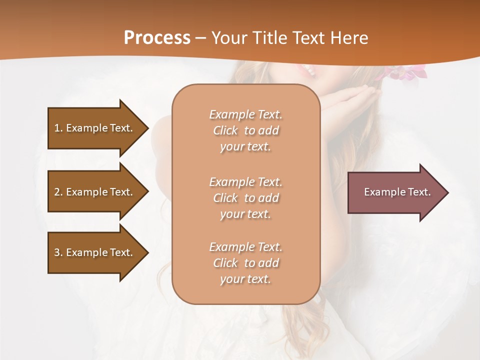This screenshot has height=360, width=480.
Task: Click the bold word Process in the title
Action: click(157, 38)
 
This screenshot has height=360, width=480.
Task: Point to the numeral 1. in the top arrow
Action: click(58, 128)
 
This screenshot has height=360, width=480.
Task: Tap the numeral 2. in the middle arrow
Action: click(58, 192)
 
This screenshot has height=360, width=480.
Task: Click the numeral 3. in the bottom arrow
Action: click(58, 252)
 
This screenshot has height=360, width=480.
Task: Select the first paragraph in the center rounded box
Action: click(245, 130)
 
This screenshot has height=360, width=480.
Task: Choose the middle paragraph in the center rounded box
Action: click(245, 198)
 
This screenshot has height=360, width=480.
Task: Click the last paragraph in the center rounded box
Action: click(245, 263)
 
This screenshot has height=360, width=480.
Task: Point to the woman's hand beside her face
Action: click(350, 100)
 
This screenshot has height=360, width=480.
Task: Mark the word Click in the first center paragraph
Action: click(225, 130)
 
